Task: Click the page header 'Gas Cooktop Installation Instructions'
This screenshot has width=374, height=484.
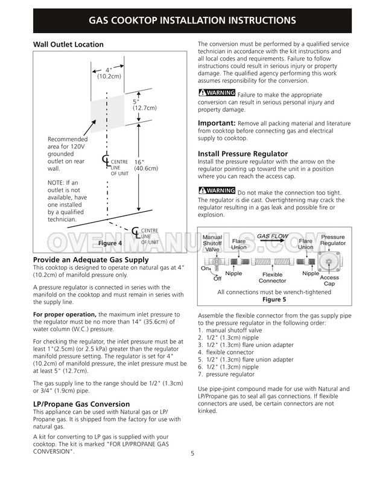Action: click(x=192, y=20)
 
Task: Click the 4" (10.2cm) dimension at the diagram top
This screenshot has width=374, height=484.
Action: click(x=109, y=73)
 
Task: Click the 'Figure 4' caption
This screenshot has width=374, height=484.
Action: click(x=110, y=243)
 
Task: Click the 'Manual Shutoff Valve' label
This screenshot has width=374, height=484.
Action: click(x=212, y=243)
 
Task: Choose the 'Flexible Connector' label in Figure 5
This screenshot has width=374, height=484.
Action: click(x=272, y=278)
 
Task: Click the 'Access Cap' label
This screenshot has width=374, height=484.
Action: click(x=346, y=281)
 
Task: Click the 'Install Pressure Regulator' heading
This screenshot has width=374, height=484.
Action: click(x=242, y=154)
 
